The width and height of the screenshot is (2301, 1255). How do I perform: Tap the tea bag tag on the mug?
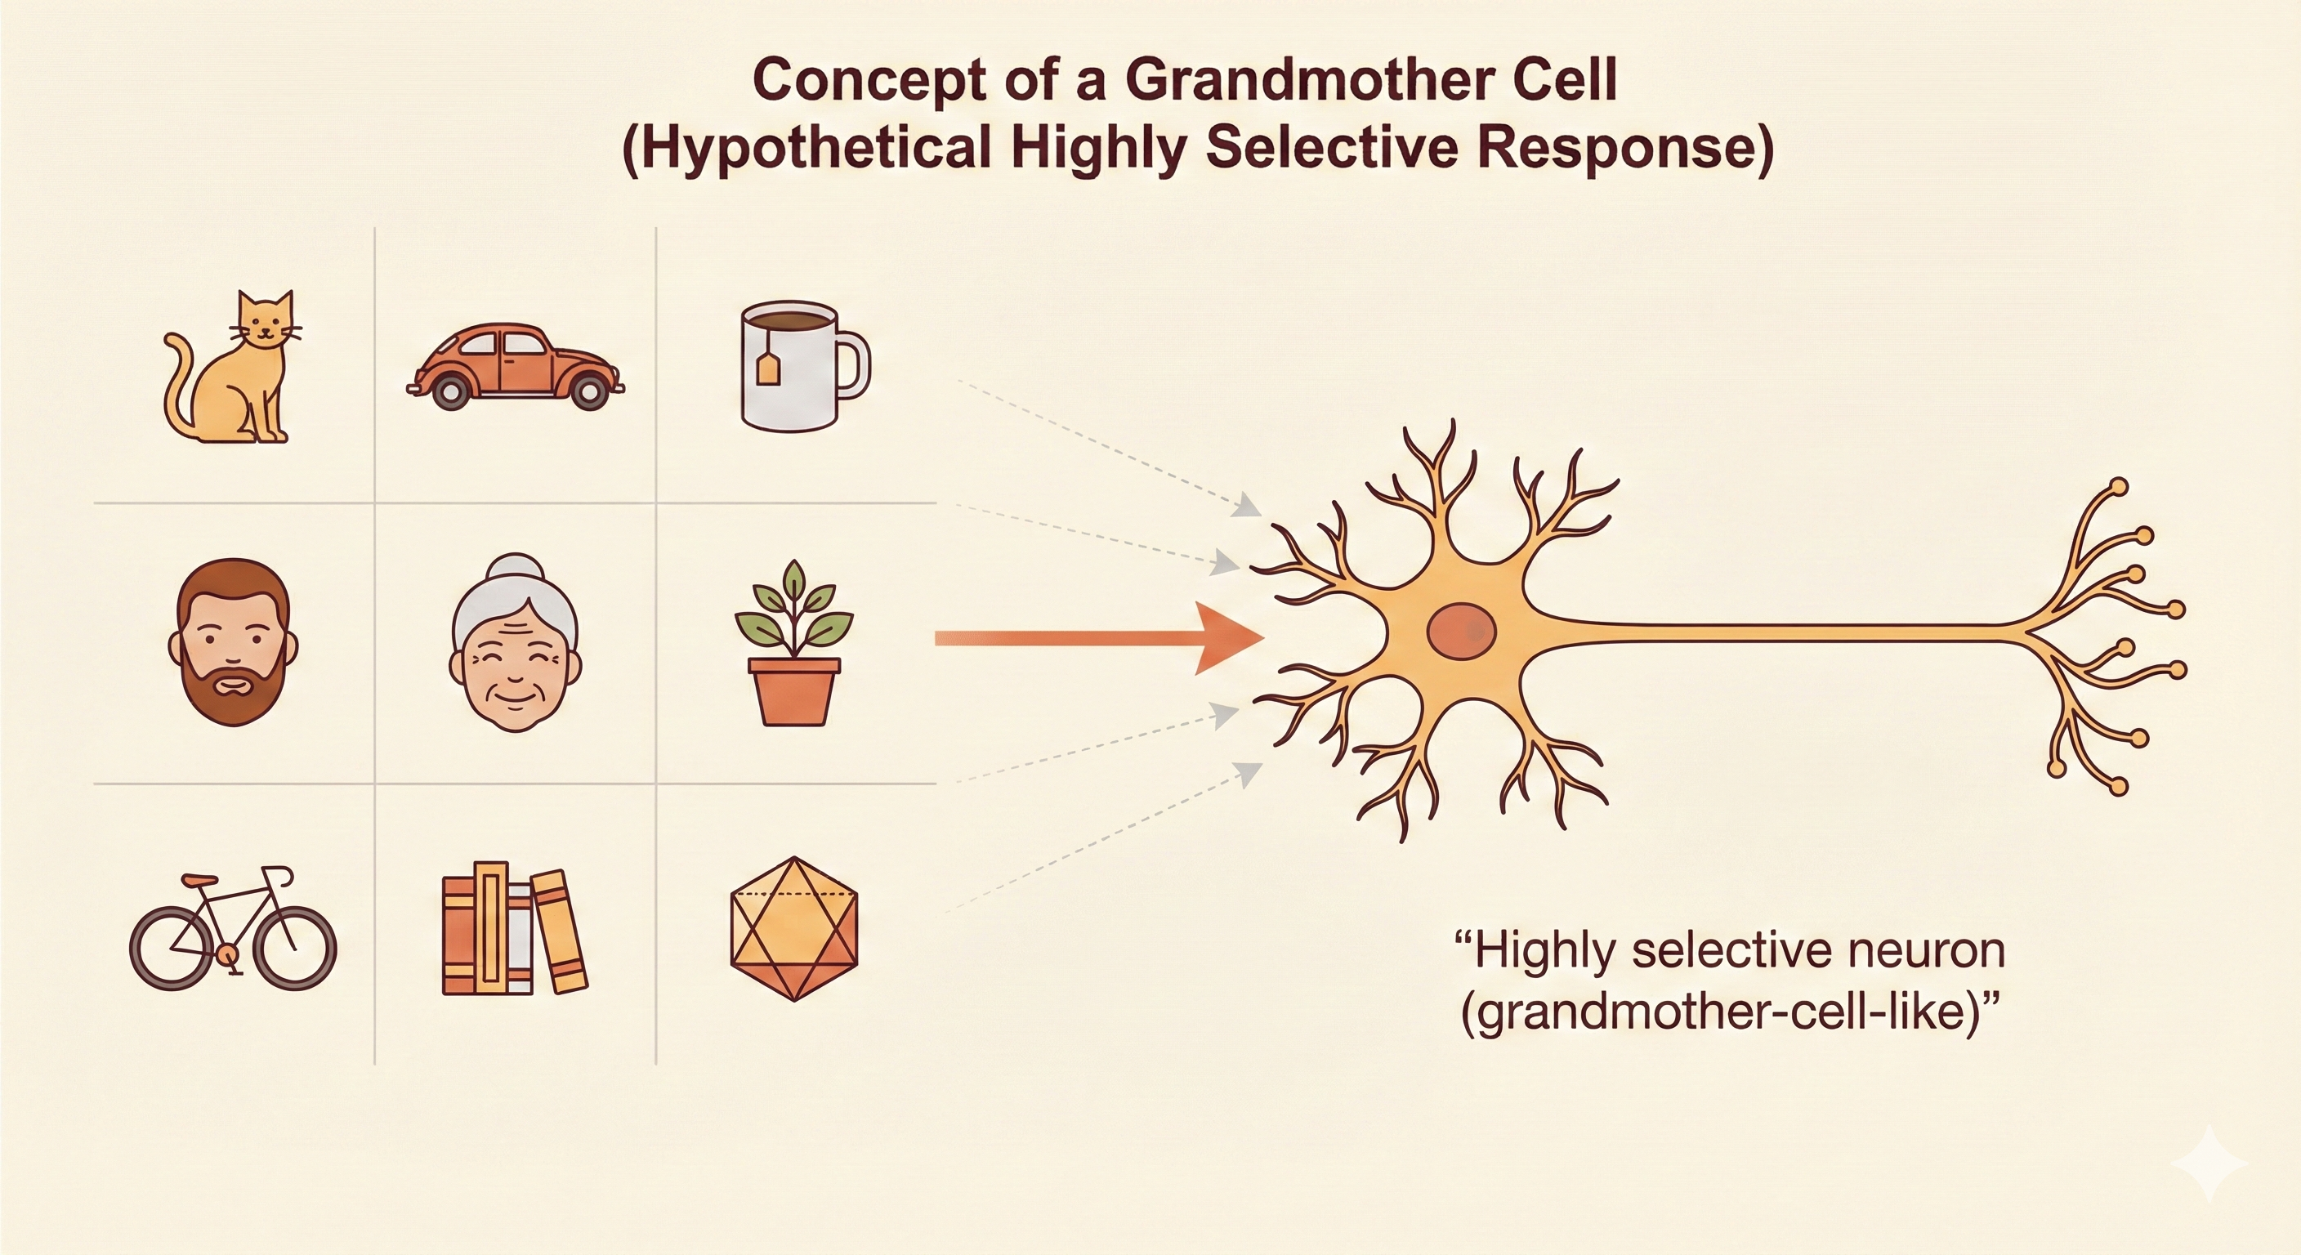click(x=767, y=367)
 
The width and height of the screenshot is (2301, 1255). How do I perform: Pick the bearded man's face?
click(x=233, y=641)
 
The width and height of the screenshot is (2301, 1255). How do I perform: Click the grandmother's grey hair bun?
click(x=515, y=572)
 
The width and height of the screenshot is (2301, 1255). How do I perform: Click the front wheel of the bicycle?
click(x=296, y=947)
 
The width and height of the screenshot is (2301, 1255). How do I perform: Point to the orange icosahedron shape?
click(x=793, y=929)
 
